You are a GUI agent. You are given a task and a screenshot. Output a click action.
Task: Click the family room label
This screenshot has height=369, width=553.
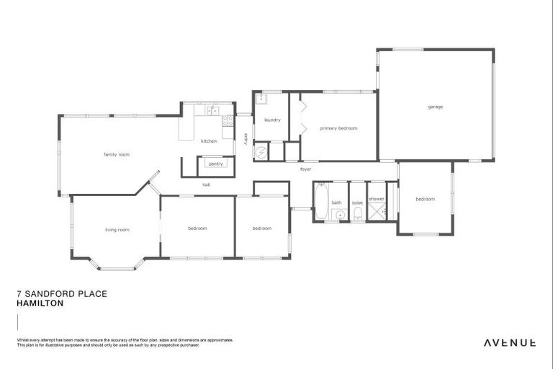pos(116,154)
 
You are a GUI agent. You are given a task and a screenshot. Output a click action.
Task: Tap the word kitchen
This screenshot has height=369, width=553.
pos(209,141)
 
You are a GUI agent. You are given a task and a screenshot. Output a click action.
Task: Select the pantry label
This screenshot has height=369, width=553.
pos(216,164)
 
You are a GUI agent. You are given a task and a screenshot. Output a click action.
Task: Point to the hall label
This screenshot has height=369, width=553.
pos(206,184)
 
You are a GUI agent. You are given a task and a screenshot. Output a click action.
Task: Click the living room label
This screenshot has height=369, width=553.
pos(117,229)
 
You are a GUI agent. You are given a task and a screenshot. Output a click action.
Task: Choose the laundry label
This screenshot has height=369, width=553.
pos(272,120)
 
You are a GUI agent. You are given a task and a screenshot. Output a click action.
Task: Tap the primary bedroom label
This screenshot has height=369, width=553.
pos(338,128)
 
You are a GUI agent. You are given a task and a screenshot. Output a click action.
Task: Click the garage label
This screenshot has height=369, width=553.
pos(436,107)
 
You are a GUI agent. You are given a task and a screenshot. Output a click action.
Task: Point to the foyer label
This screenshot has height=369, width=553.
pos(306,169)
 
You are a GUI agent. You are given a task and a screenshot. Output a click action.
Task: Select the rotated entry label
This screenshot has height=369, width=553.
pos(246,139)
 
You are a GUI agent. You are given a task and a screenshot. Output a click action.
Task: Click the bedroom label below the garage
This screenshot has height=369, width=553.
pos(425,199)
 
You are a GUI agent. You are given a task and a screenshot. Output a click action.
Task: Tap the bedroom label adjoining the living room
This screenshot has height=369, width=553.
pos(197,228)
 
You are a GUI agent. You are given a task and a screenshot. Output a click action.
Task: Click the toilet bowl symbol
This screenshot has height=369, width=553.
pos(358,214)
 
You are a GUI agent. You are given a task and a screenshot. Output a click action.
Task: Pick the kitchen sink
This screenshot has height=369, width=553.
pos(213,110)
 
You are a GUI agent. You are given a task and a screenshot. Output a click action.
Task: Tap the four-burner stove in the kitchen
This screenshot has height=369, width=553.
pos(227,121)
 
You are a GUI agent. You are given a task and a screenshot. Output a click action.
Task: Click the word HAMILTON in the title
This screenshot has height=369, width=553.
pos(40,303)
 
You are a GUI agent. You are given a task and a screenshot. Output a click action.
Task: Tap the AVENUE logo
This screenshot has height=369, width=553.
pos(509,342)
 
